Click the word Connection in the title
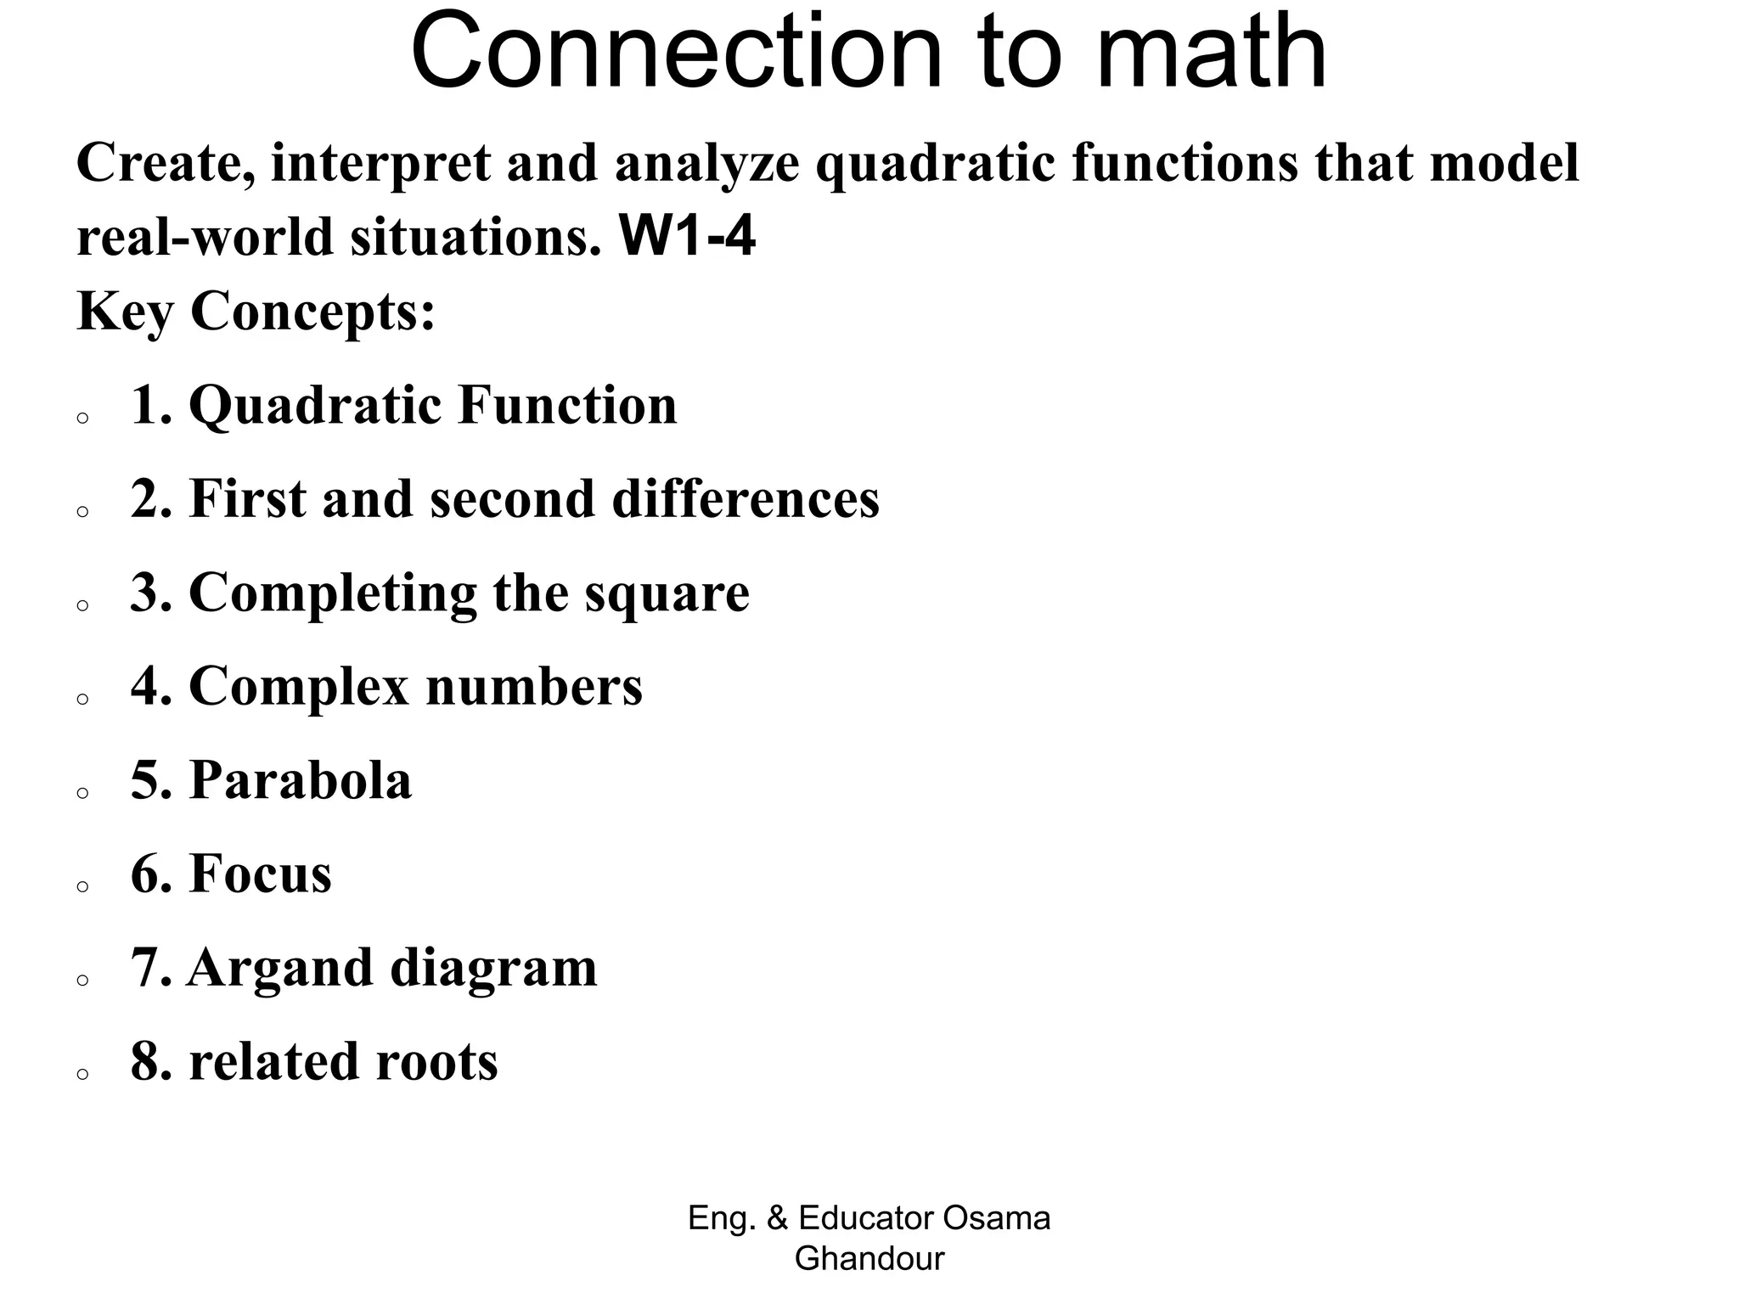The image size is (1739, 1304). [x=676, y=53]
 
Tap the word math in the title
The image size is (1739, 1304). [x=1211, y=53]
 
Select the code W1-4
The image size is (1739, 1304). [x=687, y=237]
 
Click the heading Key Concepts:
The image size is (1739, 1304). [x=256, y=312]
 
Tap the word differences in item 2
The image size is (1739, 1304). [x=746, y=498]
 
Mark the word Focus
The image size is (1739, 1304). [x=260, y=874]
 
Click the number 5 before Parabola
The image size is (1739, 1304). [x=145, y=780]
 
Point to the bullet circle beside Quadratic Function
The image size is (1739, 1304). [x=82, y=418]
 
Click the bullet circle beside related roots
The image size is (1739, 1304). [x=82, y=1074]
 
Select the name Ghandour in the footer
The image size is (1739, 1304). [x=869, y=1258]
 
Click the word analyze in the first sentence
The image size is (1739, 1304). [x=706, y=163]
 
